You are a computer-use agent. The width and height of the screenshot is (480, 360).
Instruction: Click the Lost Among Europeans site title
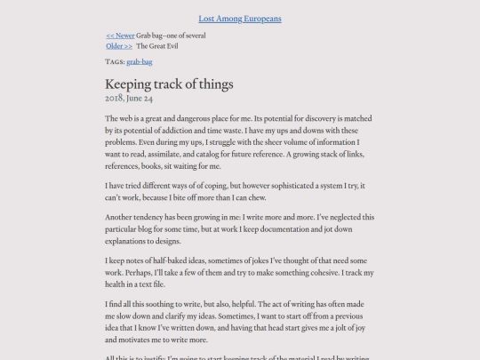tap(240, 18)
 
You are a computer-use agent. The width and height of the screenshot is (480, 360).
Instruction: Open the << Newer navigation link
tap(120, 36)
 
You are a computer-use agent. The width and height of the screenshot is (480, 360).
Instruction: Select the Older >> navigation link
tap(119, 45)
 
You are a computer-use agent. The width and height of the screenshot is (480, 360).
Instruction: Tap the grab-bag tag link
tap(138, 62)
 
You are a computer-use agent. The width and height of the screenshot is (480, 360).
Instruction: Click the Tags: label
tap(115, 62)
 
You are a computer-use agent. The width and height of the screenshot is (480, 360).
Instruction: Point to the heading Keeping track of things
tap(169, 84)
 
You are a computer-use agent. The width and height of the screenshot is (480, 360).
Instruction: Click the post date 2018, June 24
tap(129, 98)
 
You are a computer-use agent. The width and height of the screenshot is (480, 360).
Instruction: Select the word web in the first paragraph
tap(126, 118)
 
